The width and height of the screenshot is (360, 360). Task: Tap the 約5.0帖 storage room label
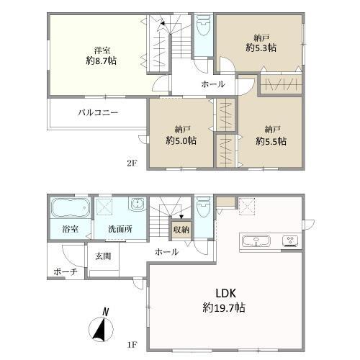tap(181, 140)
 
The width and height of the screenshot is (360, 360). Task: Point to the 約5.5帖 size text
tap(271, 140)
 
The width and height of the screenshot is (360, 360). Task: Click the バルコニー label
tap(98, 113)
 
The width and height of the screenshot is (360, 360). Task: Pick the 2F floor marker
tap(132, 163)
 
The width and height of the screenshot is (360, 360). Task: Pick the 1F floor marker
tap(132, 344)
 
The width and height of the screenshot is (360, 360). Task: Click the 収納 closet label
tap(180, 230)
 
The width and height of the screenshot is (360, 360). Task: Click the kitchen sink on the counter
tap(257, 240)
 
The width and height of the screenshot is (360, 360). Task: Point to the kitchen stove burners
tap(291, 240)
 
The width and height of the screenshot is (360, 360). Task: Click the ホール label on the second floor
tap(212, 84)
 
